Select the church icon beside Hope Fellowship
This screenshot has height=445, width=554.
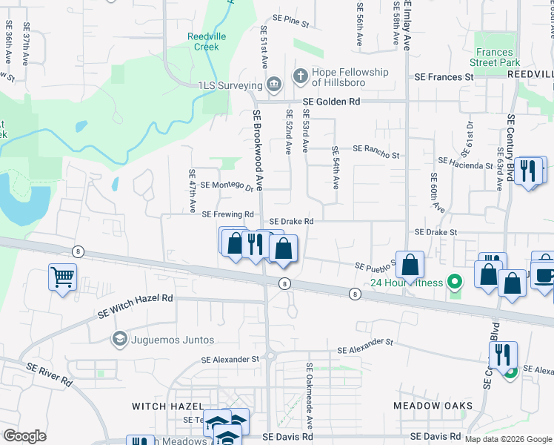(x=300, y=75)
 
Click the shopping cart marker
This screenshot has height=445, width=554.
(x=62, y=278)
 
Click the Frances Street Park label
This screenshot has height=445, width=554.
(x=495, y=58)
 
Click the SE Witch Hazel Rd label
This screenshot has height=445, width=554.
(x=135, y=306)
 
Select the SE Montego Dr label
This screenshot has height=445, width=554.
(x=227, y=185)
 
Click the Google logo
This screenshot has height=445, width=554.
(x=25, y=436)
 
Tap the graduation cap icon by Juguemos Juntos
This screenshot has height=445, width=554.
(x=119, y=340)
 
